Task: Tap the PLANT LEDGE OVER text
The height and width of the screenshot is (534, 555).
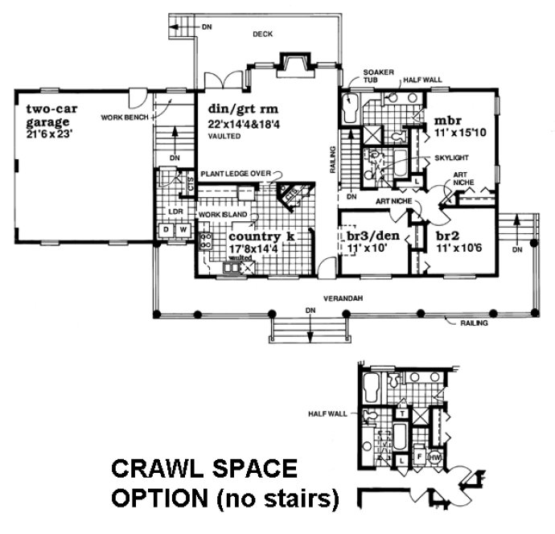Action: coord(235,173)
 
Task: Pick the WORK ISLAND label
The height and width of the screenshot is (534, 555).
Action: coord(220,216)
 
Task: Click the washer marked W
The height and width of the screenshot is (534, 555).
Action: coord(182,230)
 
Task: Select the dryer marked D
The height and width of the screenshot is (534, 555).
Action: coord(167,230)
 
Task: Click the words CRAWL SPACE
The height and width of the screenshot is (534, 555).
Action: coord(191,468)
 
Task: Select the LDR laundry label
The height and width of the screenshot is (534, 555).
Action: coord(176,212)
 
